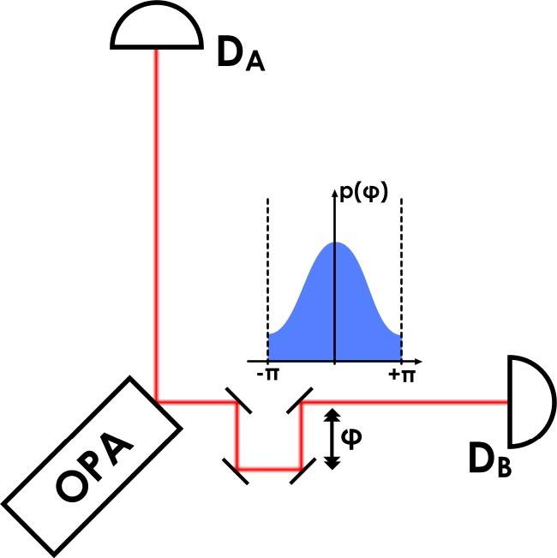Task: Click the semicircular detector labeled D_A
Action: pos(156,30)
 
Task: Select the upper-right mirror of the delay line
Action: pos(301,399)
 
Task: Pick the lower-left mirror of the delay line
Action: pos(237,469)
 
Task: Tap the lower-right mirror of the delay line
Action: pos(301,469)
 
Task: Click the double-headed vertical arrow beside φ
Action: pos(333,438)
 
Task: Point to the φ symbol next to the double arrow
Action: pos(352,437)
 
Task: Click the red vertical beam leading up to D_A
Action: pos(156,214)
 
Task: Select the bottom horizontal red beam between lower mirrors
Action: pos(269,469)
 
